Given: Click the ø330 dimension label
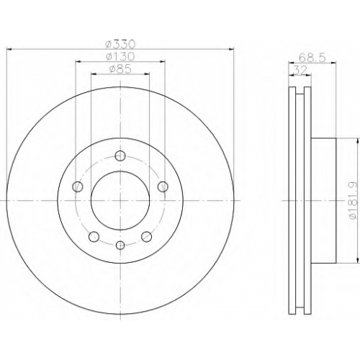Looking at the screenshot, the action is tap(120, 44).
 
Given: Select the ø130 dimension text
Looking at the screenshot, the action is tap(120, 57).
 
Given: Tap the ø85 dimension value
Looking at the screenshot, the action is tap(120, 69).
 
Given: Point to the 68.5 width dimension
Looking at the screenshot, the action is tap(312, 58).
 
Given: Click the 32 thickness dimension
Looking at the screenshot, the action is tap(300, 71).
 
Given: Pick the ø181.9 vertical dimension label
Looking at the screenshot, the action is tap(352, 200).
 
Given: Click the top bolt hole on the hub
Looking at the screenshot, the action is tap(120, 156).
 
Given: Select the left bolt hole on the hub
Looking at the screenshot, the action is tap(78, 186).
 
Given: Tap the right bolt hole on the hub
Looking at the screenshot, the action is tap(163, 186).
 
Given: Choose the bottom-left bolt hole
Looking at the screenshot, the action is tap(94, 237).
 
